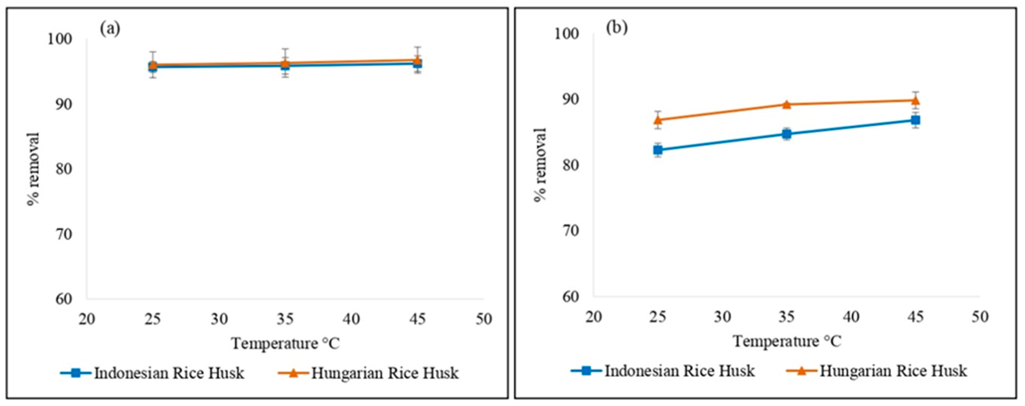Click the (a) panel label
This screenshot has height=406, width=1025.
click(x=110, y=29)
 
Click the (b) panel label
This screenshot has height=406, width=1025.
click(x=616, y=27)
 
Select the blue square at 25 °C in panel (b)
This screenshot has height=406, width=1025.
click(x=658, y=150)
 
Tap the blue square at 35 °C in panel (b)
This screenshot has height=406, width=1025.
click(x=786, y=134)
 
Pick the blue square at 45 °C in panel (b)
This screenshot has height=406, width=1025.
click(x=915, y=120)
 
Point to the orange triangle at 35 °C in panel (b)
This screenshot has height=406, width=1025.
click(x=786, y=104)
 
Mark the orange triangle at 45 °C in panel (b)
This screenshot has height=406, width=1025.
click(x=915, y=100)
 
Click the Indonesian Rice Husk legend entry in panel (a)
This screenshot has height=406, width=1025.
click(x=153, y=373)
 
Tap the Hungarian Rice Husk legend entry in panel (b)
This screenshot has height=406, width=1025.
click(x=877, y=371)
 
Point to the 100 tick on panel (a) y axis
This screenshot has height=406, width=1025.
click(x=60, y=39)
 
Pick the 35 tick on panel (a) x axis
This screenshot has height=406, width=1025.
click(x=285, y=319)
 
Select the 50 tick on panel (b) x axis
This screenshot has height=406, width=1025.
click(x=980, y=317)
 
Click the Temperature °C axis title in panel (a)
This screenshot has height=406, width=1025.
click(x=285, y=343)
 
